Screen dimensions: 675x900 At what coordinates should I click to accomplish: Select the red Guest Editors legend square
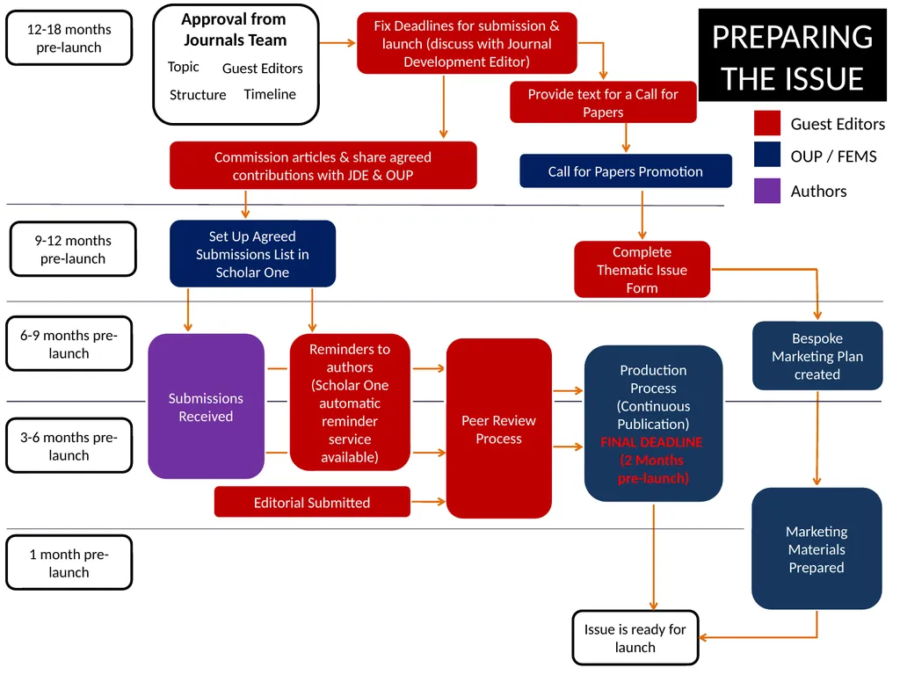pyautogui.click(x=767, y=124)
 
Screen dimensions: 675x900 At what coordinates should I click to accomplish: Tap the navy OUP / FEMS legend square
pyautogui.click(x=767, y=155)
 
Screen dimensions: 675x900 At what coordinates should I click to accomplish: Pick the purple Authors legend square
pyautogui.click(x=767, y=191)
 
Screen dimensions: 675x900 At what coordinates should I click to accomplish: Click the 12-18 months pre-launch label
pyautogui.click(x=69, y=38)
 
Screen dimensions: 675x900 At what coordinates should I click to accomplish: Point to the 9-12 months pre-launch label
pyautogui.click(x=73, y=250)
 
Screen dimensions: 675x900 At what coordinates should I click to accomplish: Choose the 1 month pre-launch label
pyautogui.click(x=69, y=563)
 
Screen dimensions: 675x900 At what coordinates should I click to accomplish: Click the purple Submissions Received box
pyautogui.click(x=206, y=407)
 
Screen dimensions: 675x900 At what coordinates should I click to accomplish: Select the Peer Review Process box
pyautogui.click(x=498, y=429)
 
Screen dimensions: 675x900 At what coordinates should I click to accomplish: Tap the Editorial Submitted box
pyautogui.click(x=312, y=503)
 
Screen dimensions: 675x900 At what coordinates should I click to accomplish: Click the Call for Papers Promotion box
pyautogui.click(x=625, y=171)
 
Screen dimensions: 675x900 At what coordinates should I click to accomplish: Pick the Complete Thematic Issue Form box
pyautogui.click(x=642, y=270)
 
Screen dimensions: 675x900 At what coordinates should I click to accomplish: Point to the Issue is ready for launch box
pyautogui.click(x=635, y=638)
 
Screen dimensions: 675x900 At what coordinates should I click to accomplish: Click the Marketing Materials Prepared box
pyautogui.click(x=817, y=549)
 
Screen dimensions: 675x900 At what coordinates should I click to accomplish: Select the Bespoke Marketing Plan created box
pyautogui.click(x=817, y=356)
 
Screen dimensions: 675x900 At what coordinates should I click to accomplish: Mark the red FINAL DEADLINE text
pyautogui.click(x=652, y=442)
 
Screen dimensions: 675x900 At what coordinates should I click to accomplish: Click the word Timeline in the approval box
pyautogui.click(x=270, y=94)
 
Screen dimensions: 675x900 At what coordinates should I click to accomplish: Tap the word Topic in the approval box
pyautogui.click(x=184, y=67)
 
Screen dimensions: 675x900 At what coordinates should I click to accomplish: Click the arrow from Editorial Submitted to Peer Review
pyautogui.click(x=428, y=502)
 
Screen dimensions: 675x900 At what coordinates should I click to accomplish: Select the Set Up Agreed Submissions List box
pyautogui.click(x=252, y=254)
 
